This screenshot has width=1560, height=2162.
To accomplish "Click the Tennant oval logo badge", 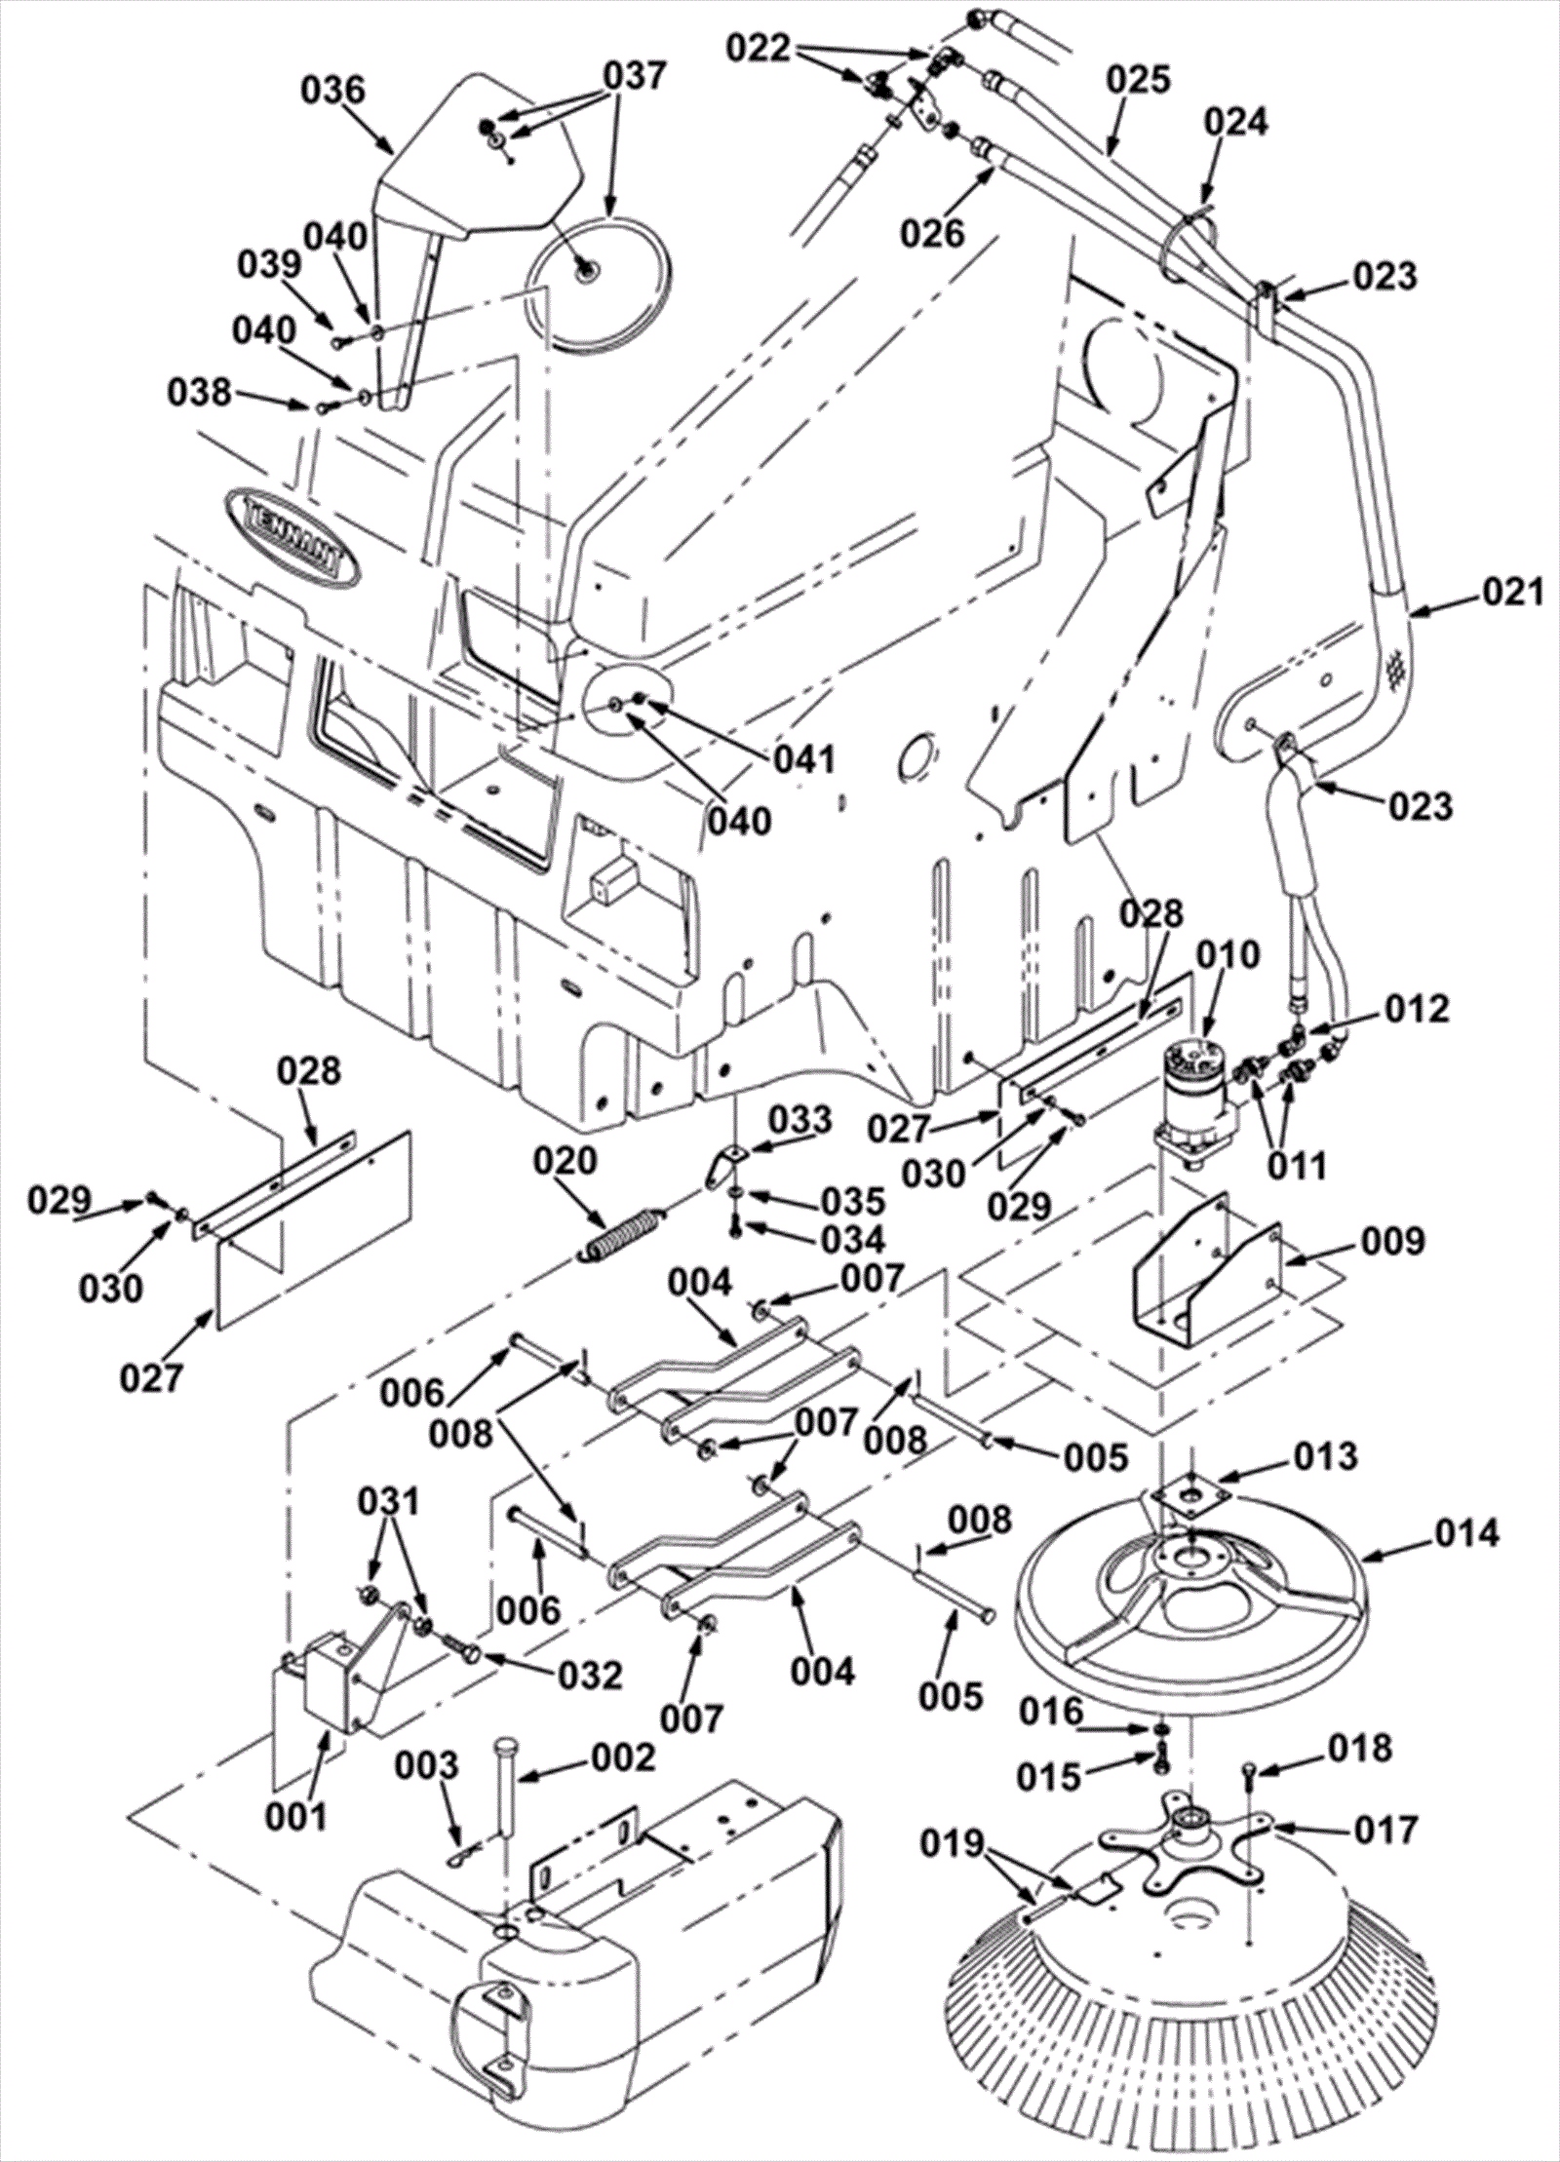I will pos(292,535).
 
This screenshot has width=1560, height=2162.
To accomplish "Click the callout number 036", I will pos(332,91).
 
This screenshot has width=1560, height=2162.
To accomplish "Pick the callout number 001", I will pos(298,1815).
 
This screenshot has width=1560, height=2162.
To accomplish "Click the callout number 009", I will pos(1393,1243).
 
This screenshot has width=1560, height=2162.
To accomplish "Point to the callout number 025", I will pos(1139,79).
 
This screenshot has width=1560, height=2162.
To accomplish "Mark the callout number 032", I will pos(590,1676).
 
